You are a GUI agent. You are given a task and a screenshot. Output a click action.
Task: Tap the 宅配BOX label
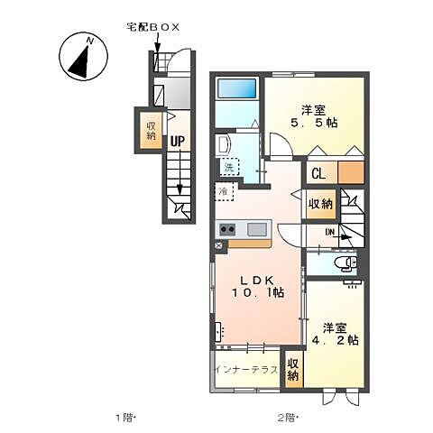(x=154, y=28)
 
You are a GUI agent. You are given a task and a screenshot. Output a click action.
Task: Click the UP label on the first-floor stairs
(x=178, y=141)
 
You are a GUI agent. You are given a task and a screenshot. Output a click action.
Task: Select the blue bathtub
(x=237, y=88)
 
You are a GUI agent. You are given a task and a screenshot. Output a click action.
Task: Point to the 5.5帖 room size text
(x=315, y=124)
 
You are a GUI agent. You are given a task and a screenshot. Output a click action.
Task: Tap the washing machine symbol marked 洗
(x=229, y=168)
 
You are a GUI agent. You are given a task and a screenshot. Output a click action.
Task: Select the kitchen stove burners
(x=226, y=229)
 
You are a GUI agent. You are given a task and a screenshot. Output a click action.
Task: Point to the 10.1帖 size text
(x=259, y=292)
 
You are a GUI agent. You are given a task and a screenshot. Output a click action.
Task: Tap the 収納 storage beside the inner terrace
(x=293, y=370)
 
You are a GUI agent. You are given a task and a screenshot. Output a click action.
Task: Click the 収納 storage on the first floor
(x=150, y=130)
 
